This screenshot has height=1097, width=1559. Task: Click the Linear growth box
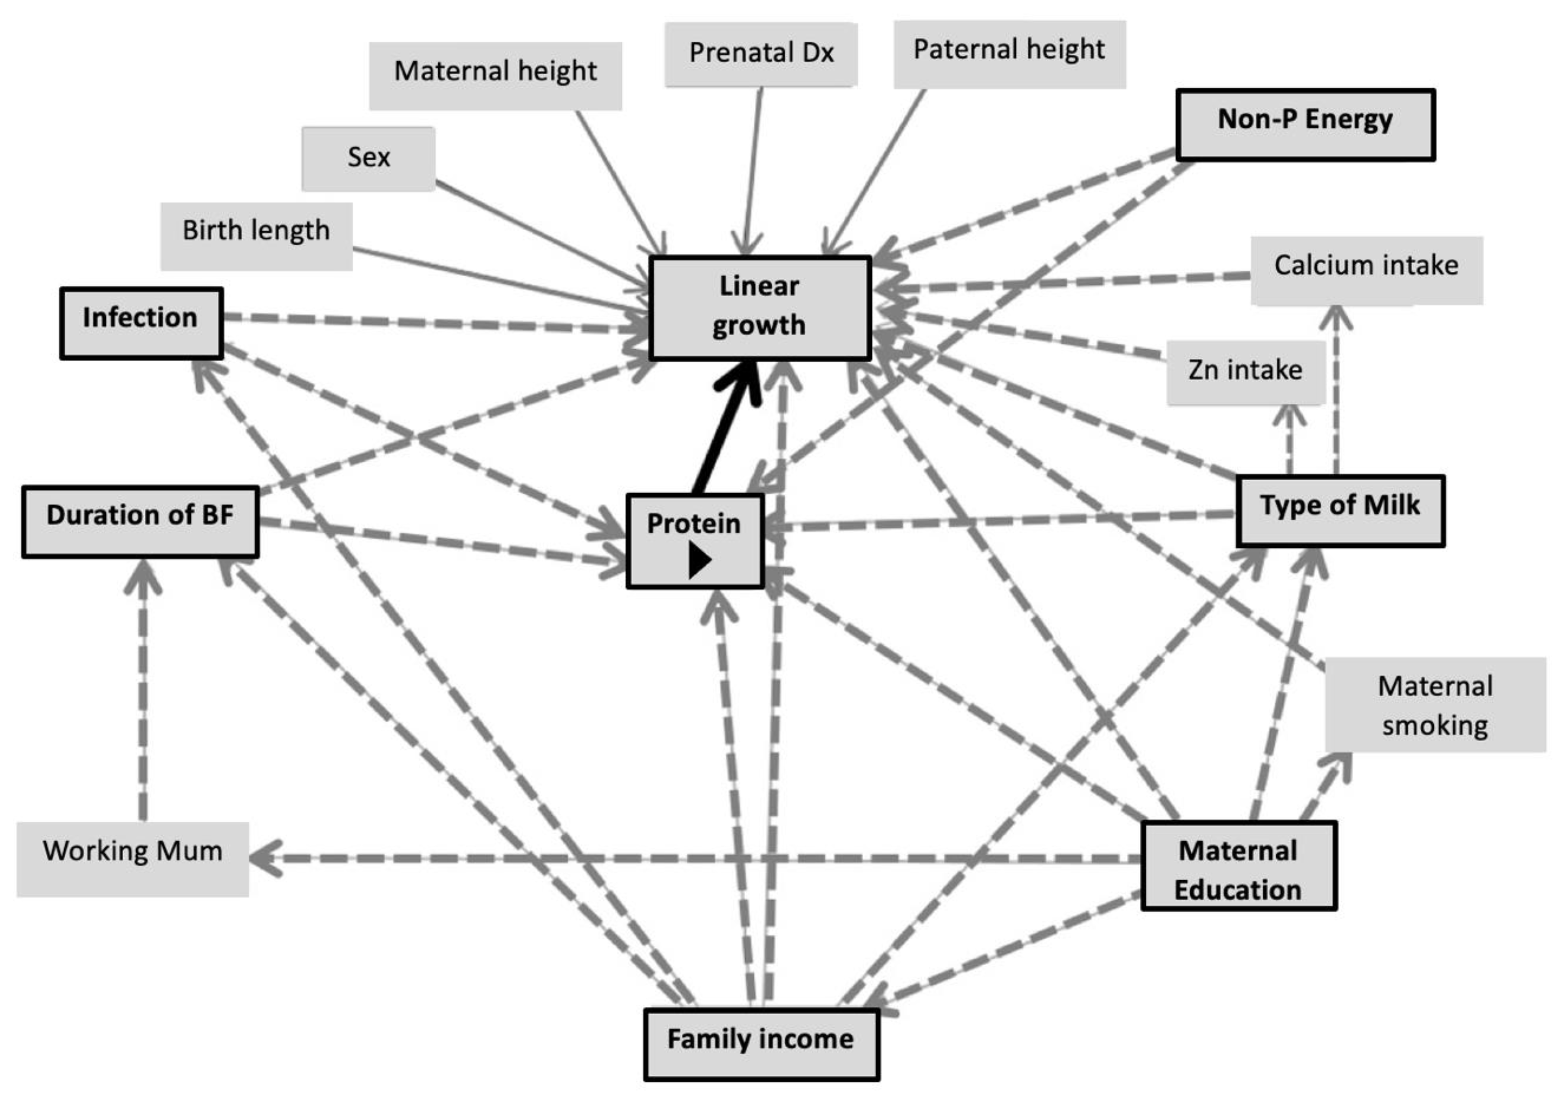pyautogui.click(x=759, y=307)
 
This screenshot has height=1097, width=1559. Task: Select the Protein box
pyautogui.click(x=694, y=524)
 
